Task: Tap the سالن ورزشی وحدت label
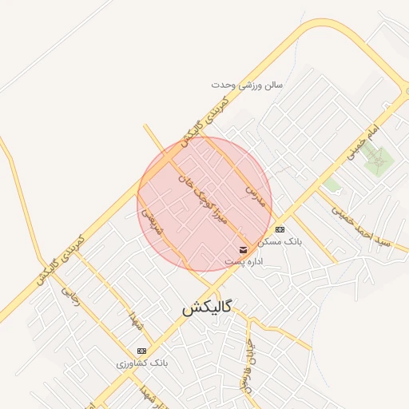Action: [247, 84]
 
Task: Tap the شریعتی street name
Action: [153, 223]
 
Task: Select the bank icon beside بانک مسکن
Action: [279, 229]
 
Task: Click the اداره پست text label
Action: [244, 261]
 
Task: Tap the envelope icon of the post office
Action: [243, 250]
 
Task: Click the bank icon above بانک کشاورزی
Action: [142, 351]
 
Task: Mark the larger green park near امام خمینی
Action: [377, 160]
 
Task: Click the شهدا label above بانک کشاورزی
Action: [138, 324]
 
